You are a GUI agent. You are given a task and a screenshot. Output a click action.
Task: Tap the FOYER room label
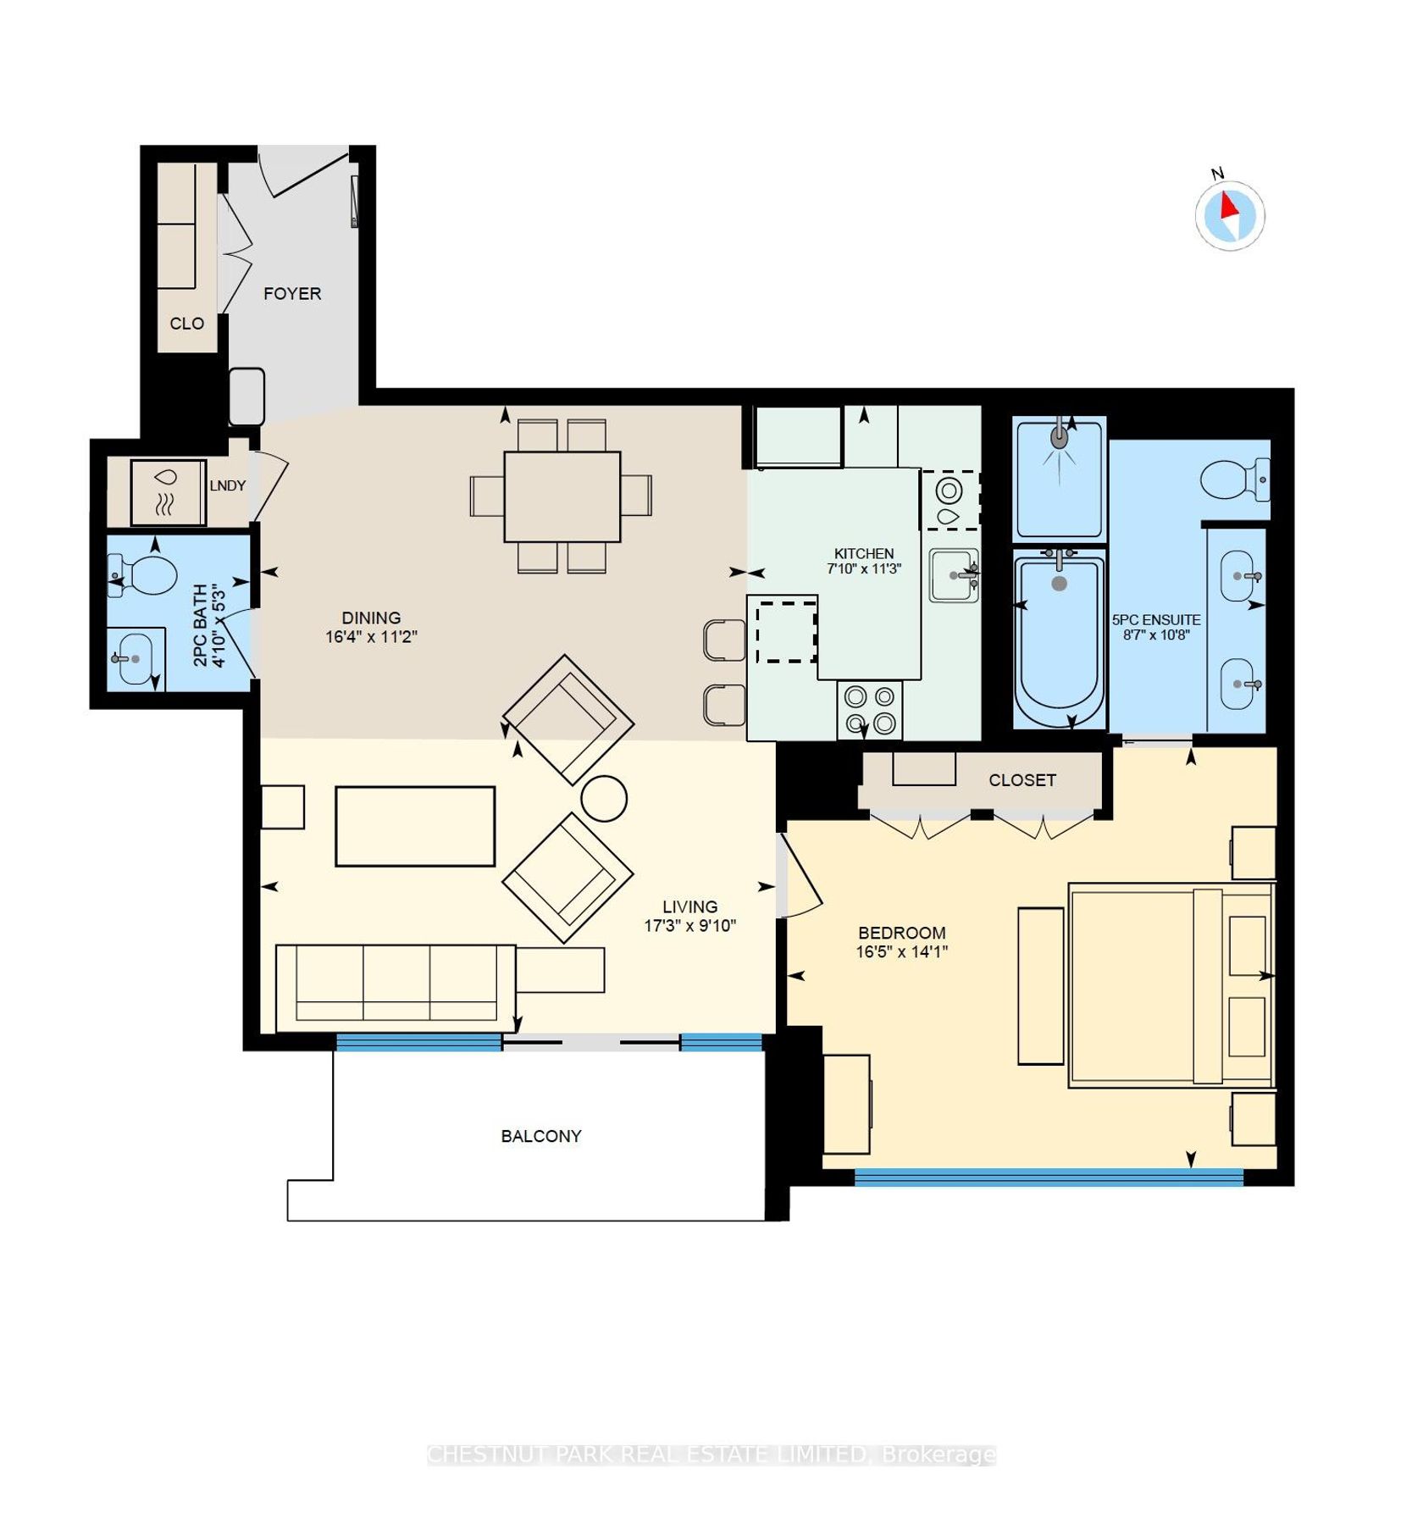[292, 294]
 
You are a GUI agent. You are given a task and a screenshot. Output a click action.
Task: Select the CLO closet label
[186, 324]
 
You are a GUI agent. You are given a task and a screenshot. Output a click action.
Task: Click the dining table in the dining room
[562, 496]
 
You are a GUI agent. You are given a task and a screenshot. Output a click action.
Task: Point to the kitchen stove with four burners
[870, 710]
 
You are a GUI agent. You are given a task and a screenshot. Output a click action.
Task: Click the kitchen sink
[955, 575]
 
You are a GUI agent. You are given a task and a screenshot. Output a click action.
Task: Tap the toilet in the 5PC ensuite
[1235, 479]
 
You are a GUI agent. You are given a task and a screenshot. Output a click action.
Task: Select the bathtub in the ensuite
[1060, 638]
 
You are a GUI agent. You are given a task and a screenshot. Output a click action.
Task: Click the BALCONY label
[541, 1136]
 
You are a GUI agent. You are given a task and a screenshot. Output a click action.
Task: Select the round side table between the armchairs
[604, 798]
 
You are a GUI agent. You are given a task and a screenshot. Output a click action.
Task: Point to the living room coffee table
[415, 826]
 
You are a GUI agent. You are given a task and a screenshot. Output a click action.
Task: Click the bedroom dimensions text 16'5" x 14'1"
[901, 951]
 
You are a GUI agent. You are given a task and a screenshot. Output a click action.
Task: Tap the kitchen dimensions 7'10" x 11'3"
[864, 568]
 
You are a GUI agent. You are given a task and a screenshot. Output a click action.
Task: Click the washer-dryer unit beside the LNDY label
[168, 492]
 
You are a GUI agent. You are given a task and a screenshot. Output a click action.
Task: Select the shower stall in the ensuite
[1060, 479]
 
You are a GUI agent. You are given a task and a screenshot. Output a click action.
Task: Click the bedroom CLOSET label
[1022, 780]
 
